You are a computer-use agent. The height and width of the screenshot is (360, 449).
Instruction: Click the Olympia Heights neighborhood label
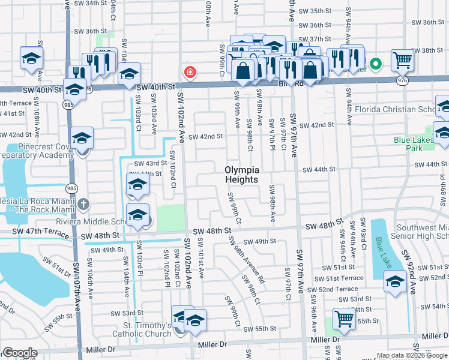pos(242,175)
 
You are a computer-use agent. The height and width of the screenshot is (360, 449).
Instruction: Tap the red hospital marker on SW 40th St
pos(190,73)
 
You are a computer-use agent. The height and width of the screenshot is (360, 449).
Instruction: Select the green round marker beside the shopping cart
pos(376,62)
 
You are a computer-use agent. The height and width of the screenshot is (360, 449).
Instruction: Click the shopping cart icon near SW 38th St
pos(402,60)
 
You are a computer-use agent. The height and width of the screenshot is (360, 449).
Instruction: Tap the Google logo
pos(19,353)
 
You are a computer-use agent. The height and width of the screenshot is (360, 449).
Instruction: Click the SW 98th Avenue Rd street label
pos(246,259)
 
